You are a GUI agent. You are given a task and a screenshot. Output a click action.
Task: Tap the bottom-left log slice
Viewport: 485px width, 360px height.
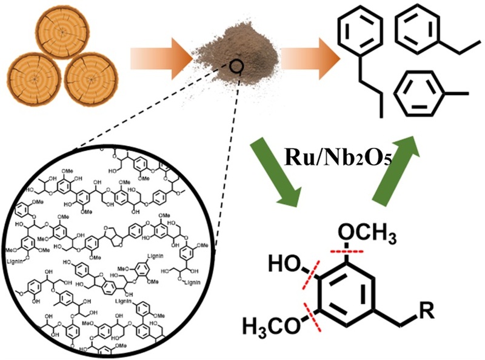point(35,79)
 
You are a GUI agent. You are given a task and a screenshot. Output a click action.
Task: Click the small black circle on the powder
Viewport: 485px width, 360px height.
point(237,64)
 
